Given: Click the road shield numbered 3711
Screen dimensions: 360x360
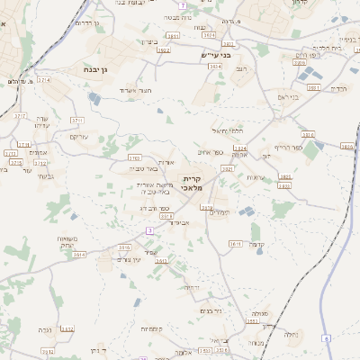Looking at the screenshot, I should tap(51, 119).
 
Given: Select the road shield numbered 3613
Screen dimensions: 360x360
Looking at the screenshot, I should tap(234, 243).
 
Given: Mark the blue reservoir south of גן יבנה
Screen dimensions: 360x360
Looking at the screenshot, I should tap(159, 112).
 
